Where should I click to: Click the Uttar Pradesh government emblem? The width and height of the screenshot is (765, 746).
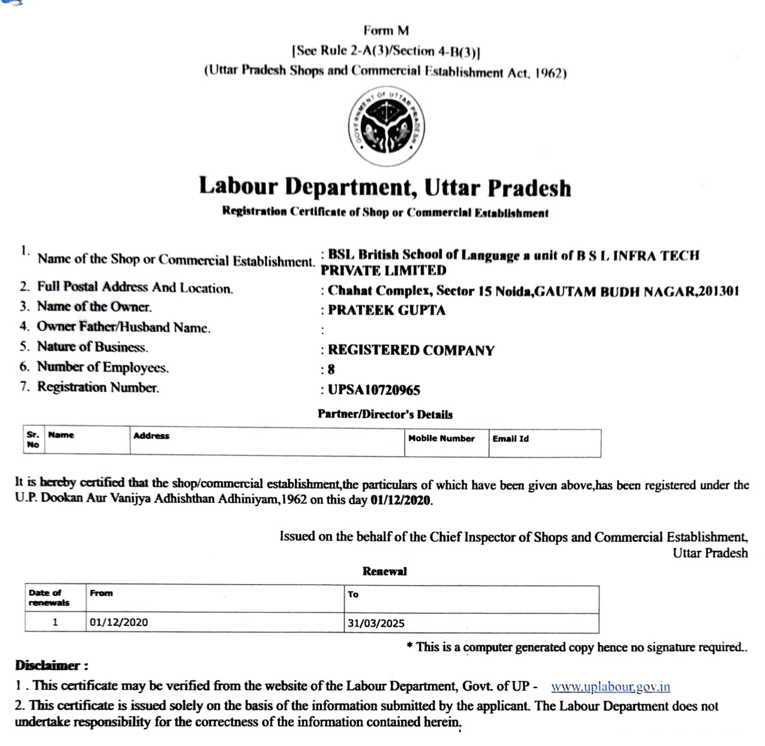(x=386, y=126)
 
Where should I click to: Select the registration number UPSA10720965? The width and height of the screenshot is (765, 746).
(x=374, y=390)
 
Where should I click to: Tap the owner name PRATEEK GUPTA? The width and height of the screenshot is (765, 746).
(x=386, y=310)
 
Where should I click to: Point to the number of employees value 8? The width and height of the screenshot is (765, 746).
(x=331, y=370)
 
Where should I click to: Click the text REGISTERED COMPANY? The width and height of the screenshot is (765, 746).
(x=411, y=350)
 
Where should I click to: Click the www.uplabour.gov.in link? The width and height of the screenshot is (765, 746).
(x=610, y=687)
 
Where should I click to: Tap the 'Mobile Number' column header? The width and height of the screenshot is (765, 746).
(x=441, y=439)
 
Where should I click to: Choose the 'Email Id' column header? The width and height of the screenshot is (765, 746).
(x=510, y=439)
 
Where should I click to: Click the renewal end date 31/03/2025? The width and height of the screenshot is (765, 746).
(x=376, y=623)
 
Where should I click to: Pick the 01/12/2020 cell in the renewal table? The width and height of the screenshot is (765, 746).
(x=119, y=623)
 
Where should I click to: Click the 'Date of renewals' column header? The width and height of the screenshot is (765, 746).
(x=49, y=598)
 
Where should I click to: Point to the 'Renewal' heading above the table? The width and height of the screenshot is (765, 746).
(x=384, y=571)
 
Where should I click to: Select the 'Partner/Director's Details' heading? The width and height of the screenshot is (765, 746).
(x=385, y=415)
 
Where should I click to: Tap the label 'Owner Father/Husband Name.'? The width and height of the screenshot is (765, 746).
(x=123, y=327)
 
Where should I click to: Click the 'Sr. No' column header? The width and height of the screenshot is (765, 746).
(x=33, y=440)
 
